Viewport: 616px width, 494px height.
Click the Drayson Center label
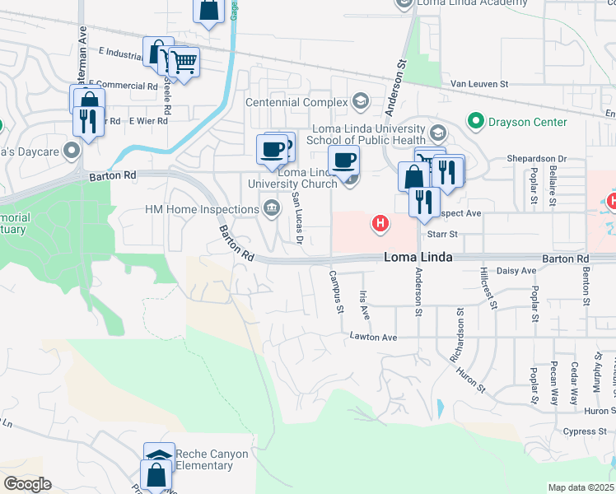pyautogui.click(x=528, y=122)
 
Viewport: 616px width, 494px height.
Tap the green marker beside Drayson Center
pyautogui.click(x=475, y=122)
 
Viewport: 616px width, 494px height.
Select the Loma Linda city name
pyautogui.click(x=418, y=258)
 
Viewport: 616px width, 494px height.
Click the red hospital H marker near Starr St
pyautogui.click(x=380, y=222)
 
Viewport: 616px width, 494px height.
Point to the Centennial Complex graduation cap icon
pyautogui.click(x=359, y=102)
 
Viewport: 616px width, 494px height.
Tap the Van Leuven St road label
pyautogui.click(x=481, y=84)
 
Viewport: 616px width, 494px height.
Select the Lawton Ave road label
pyautogui.click(x=373, y=337)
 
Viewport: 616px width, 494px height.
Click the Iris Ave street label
pyautogui.click(x=363, y=305)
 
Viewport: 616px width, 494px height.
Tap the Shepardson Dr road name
pyautogui.click(x=539, y=158)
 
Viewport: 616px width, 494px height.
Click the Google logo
pyautogui.click(x=27, y=484)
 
